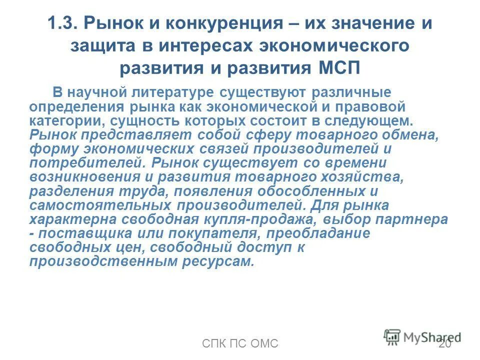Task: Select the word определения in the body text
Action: [70, 106]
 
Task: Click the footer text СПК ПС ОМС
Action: [240, 343]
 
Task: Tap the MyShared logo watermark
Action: [422, 336]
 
